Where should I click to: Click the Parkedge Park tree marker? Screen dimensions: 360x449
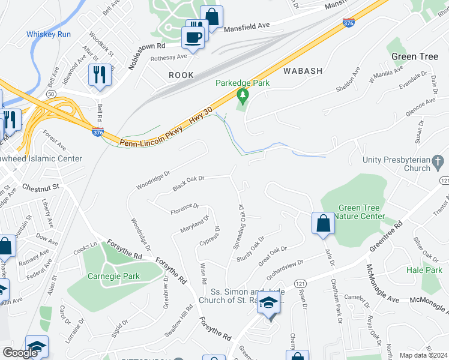click(x=243, y=95)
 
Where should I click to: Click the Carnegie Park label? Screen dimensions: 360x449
click(x=113, y=277)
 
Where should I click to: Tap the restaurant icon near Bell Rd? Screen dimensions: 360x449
click(x=98, y=74)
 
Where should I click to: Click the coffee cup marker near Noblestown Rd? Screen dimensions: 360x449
click(x=193, y=37)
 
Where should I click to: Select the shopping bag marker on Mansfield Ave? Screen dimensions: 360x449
click(x=211, y=16)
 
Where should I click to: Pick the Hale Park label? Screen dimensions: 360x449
click(x=424, y=271)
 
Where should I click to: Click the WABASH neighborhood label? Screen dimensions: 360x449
click(x=303, y=71)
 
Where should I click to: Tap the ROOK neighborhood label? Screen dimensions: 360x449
click(x=181, y=75)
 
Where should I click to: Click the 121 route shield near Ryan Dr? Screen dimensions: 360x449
click(x=301, y=283)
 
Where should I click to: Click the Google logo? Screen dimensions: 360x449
click(x=20, y=353)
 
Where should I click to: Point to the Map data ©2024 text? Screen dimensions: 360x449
click(x=424, y=355)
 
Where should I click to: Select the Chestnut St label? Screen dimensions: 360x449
click(x=41, y=187)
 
